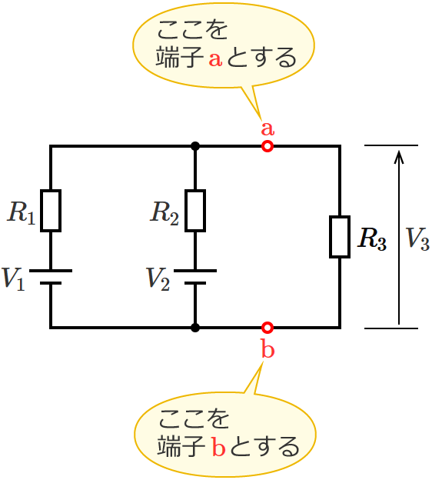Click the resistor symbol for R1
click(51, 211)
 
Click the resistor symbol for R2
click(195, 211)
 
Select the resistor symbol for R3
click(340, 237)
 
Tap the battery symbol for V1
click(51, 277)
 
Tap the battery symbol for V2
click(195, 277)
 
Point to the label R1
click(21, 213)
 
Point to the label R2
click(165, 213)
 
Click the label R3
click(372, 240)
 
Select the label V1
click(15, 278)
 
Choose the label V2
click(158, 278)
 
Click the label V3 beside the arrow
click(417, 240)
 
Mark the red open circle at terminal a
click(268, 146)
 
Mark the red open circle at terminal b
click(268, 328)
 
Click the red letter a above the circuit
click(268, 127)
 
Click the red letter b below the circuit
click(268, 350)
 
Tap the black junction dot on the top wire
click(195, 146)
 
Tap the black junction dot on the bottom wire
click(195, 328)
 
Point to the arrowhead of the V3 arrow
click(398, 156)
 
